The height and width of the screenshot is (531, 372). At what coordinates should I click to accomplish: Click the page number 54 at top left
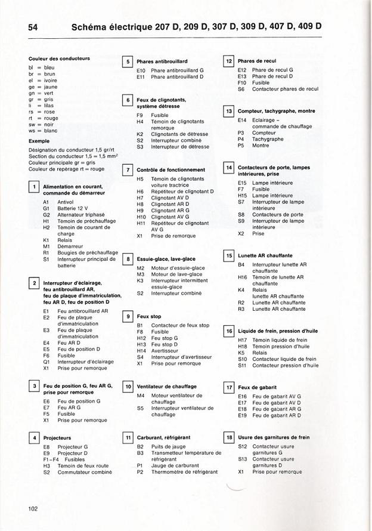tap(33, 27)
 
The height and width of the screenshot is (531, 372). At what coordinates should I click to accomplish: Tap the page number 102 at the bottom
tap(33, 508)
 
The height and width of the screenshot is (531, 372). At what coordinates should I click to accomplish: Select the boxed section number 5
tap(127, 61)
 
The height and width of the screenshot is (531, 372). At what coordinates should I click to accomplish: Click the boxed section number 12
tap(228, 61)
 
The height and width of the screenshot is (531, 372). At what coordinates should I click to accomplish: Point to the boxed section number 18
tap(228, 437)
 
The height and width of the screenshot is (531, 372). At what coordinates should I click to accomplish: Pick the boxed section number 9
tap(127, 316)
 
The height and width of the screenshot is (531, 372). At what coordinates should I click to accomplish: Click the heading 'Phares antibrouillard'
tap(162, 61)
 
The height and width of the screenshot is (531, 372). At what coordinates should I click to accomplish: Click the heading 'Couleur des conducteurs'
tap(59, 58)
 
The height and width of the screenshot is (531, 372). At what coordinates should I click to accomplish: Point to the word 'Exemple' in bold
tap(39, 141)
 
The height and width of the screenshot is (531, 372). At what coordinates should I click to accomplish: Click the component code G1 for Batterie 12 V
tap(46, 208)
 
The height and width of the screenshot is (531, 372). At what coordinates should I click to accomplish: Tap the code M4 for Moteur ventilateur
tap(141, 395)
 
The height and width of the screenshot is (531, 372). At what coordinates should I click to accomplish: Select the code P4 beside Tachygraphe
tap(241, 139)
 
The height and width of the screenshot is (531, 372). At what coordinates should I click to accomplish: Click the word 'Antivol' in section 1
tap(66, 202)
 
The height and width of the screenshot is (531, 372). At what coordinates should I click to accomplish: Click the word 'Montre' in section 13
tap(261, 146)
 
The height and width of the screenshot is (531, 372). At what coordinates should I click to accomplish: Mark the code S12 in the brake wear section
tap(242, 446)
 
